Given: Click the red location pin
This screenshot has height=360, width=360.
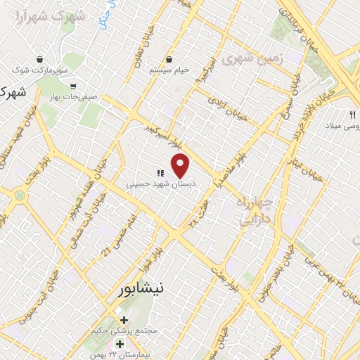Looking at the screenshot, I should (x=181, y=165).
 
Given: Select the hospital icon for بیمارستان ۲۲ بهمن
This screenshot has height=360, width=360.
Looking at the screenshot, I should (x=120, y=345).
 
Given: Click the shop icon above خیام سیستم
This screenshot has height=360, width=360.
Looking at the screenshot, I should (x=171, y=60).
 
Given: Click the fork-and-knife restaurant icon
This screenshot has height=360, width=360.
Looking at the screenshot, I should (x=353, y=114).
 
